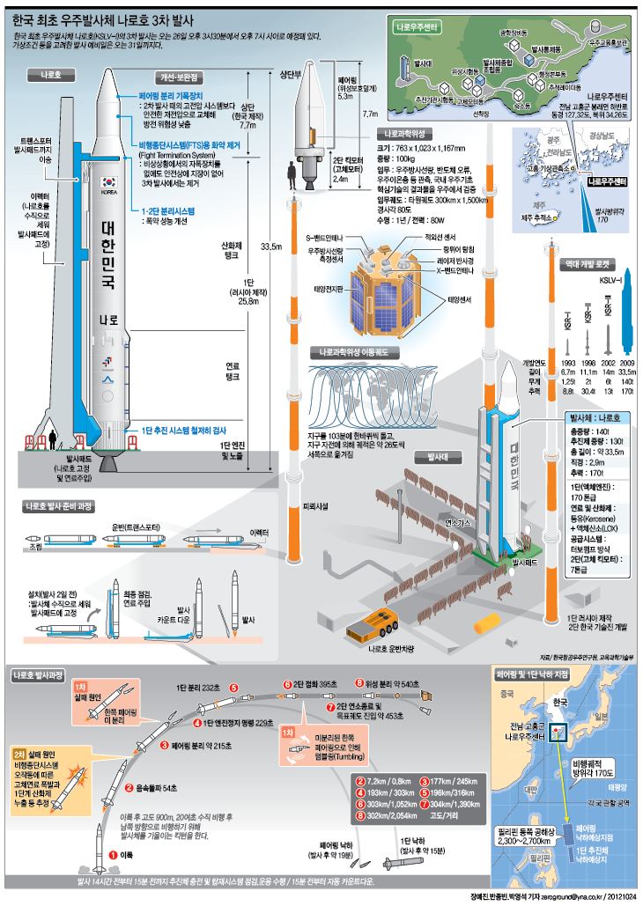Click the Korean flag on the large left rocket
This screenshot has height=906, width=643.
pos(107,180)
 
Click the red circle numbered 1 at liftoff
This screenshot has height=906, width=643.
pos(113,853)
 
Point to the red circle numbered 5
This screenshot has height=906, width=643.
pos(233,687)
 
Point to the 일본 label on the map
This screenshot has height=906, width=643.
pos(608,717)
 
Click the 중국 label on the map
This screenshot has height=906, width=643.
pos(506,692)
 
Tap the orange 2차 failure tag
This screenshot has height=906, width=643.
pos(19,755)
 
